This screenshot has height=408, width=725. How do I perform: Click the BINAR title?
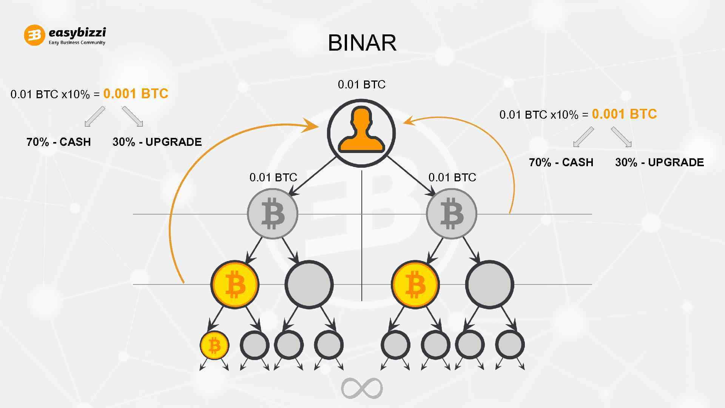tap(362, 43)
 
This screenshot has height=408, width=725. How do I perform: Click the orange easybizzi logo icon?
tap(34, 36)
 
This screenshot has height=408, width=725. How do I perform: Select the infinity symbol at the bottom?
tap(362, 388)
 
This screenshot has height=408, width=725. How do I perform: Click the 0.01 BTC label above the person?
tap(361, 85)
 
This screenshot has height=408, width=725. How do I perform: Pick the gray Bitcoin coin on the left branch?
tap(273, 214)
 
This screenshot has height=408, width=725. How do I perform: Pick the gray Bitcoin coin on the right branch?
tap(452, 214)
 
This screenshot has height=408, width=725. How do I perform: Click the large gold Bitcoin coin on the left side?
tap(235, 284)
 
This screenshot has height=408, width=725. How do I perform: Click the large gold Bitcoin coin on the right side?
tap(415, 284)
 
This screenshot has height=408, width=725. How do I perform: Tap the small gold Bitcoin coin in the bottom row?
tap(214, 345)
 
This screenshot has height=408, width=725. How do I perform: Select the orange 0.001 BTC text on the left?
tap(136, 94)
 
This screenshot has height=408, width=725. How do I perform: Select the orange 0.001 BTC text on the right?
tap(624, 114)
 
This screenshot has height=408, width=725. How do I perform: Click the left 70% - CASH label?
tap(59, 142)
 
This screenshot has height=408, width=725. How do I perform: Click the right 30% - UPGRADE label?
tap(659, 162)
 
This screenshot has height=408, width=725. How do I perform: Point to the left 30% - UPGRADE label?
tap(157, 142)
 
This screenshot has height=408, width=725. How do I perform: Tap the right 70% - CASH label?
tap(561, 162)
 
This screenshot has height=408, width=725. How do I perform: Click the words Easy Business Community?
tap(77, 43)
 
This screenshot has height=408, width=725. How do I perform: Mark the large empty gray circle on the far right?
tap(489, 284)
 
